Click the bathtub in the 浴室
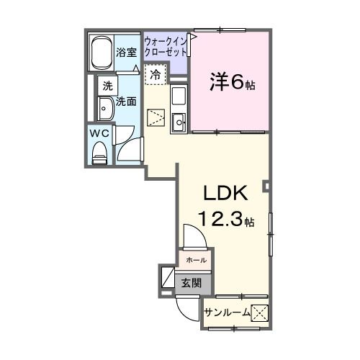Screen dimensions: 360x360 (x=101, y=53)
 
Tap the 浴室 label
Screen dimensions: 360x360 (x=127, y=53)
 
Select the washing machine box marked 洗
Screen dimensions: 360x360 (x=107, y=86)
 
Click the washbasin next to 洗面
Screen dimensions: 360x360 (x=106, y=109)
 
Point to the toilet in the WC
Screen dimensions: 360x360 (x=99, y=153)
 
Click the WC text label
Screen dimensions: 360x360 (x=99, y=134)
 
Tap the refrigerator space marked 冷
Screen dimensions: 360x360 (x=156, y=74)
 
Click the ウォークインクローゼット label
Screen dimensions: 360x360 (x=166, y=47)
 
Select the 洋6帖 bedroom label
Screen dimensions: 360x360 (x=233, y=82)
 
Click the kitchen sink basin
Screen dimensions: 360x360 (x=179, y=122)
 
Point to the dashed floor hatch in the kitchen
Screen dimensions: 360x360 (x=156, y=118)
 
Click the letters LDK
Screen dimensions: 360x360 (x=225, y=193)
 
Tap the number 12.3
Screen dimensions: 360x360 (x=220, y=220)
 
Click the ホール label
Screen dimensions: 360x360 (x=196, y=260)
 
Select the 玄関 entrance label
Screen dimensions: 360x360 (x=191, y=283)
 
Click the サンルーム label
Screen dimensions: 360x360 (x=228, y=312)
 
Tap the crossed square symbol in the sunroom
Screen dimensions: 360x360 (x=259, y=312)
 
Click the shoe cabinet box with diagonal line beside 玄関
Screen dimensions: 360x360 (x=168, y=277)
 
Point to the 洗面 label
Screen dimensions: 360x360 (x=126, y=102)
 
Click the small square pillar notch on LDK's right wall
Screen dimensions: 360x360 (x=266, y=186)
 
